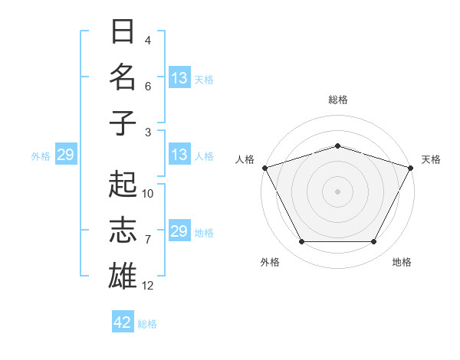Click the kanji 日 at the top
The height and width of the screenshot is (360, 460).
(x=123, y=32)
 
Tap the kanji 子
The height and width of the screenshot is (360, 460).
(x=123, y=123)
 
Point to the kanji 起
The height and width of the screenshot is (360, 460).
(x=123, y=185)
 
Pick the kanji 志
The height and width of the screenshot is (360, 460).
(x=123, y=231)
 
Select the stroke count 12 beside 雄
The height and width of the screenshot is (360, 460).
(x=148, y=286)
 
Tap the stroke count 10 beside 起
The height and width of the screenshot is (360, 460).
(x=148, y=194)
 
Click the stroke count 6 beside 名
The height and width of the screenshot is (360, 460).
(x=148, y=87)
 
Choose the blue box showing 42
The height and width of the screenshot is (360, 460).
(x=123, y=322)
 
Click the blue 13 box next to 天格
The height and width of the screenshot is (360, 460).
(x=179, y=78)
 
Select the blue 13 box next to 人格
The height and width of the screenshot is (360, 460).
(x=179, y=155)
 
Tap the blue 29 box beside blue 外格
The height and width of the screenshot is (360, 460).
(x=65, y=155)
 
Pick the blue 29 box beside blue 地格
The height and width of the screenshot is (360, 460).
(x=179, y=231)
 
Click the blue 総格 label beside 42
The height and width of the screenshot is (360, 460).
(x=147, y=324)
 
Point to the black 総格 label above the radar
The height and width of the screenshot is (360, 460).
(x=337, y=100)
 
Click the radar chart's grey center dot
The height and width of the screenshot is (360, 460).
(x=337, y=191)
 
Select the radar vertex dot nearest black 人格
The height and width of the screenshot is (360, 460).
(x=264, y=168)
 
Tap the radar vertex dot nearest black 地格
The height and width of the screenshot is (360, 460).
(x=374, y=242)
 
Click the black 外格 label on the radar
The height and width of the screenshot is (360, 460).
(x=270, y=262)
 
